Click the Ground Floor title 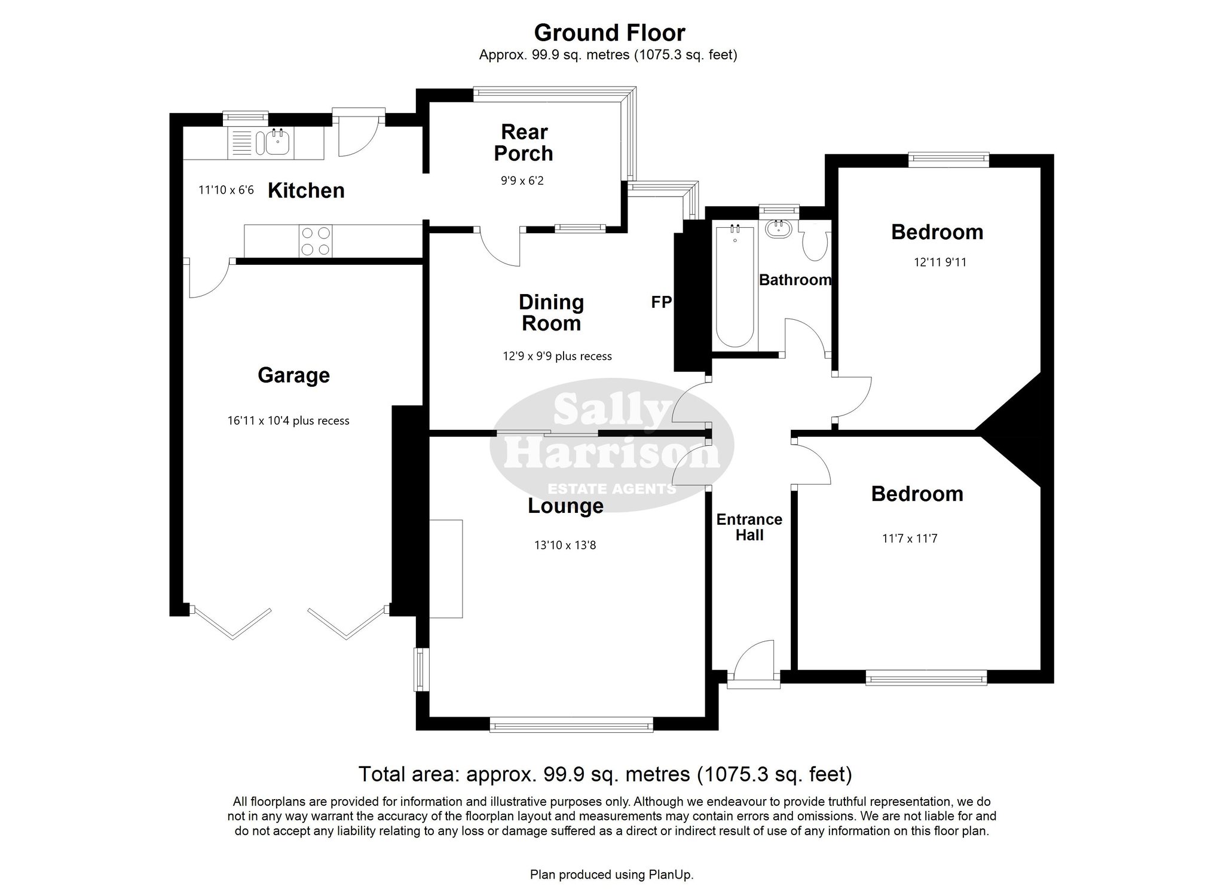610,32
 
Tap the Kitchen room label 306,191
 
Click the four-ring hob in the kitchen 315,241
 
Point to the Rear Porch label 524,142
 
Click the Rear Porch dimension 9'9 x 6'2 522,180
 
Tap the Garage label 293,375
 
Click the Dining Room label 551,313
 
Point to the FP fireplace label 661,302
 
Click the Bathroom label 795,280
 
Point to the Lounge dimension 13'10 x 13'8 565,545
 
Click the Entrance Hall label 749,527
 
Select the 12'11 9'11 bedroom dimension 940,262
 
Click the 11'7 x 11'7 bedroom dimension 910,539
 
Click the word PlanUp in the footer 671,874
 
